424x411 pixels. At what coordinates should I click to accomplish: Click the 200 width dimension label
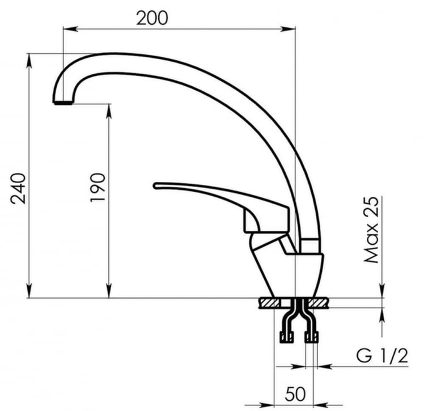(x=151, y=18)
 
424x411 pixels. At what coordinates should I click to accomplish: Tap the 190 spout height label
(x=98, y=188)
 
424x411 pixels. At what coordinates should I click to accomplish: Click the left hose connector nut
(x=286, y=338)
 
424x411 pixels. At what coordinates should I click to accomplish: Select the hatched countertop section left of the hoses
(x=270, y=303)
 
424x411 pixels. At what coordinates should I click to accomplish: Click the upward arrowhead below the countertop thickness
(x=383, y=313)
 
